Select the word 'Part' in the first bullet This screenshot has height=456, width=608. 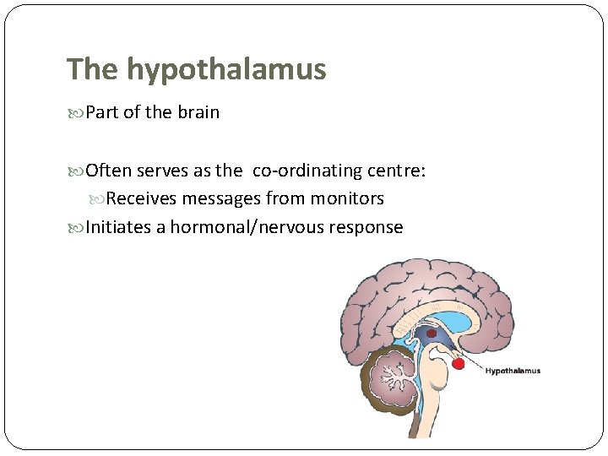(x=103, y=112)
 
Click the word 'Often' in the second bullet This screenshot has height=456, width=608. (x=109, y=171)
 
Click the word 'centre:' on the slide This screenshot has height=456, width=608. (x=397, y=171)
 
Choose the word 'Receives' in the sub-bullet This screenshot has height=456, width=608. (x=141, y=198)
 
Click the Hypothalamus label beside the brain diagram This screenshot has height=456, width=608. (x=513, y=371)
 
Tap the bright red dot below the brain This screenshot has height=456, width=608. (x=459, y=364)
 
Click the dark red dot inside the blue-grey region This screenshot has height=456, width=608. (x=432, y=334)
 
